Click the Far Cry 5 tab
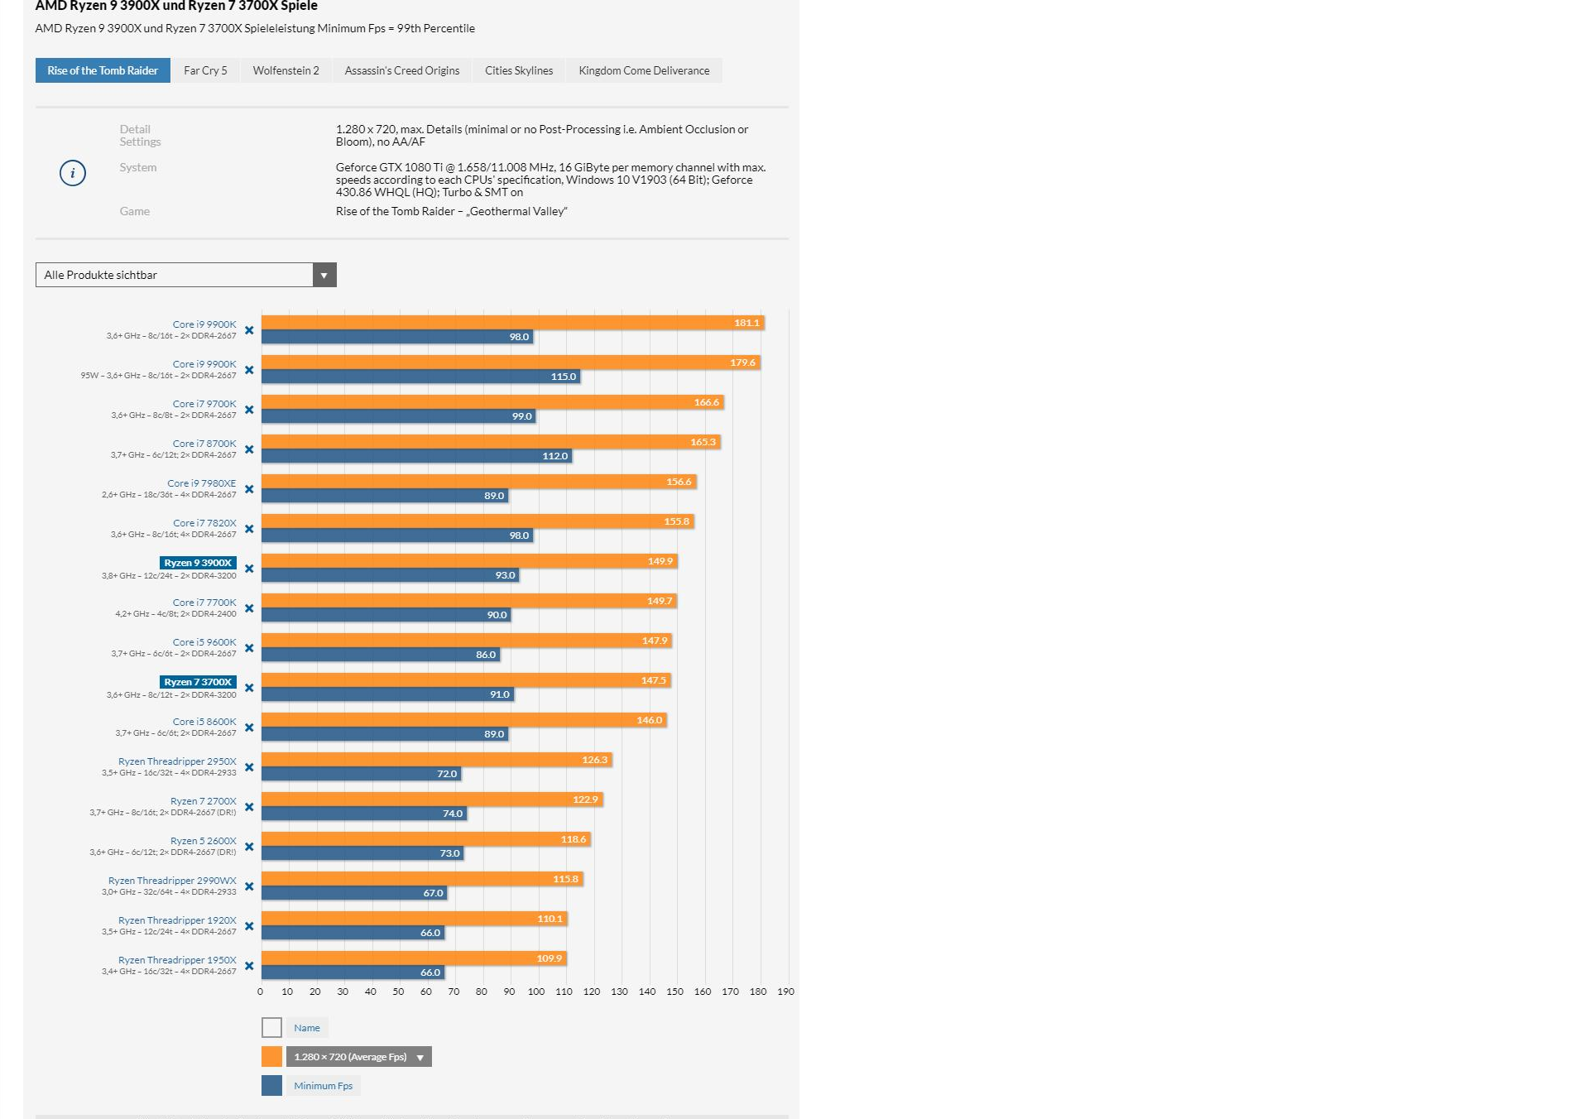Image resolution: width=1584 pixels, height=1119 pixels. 205,70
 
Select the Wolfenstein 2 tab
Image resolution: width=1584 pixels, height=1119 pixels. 286,70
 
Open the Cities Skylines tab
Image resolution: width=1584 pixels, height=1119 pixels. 519,70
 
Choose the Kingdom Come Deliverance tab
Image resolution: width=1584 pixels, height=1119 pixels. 644,70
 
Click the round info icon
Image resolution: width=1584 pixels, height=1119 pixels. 73,173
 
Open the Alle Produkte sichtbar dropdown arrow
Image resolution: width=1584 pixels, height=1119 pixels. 324,275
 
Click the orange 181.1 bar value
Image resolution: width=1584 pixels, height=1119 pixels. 746,323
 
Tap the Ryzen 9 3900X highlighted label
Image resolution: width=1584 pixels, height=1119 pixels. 198,563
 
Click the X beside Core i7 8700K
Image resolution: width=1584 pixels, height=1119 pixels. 249,449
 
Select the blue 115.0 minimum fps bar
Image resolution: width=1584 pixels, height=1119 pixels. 420,377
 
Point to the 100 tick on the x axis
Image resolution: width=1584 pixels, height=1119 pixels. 536,992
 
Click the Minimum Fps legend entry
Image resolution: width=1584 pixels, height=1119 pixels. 323,1086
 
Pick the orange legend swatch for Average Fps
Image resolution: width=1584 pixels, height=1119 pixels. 271,1057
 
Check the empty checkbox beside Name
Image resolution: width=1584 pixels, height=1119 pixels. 271,1028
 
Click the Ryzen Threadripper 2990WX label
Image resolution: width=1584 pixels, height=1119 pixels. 172,881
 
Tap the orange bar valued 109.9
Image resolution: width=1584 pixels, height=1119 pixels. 414,958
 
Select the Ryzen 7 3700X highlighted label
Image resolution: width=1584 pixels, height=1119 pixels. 198,682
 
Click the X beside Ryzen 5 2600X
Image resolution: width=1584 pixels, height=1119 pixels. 249,847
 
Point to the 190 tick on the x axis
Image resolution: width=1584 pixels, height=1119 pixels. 785,992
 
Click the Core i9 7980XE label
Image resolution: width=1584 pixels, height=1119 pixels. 201,483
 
